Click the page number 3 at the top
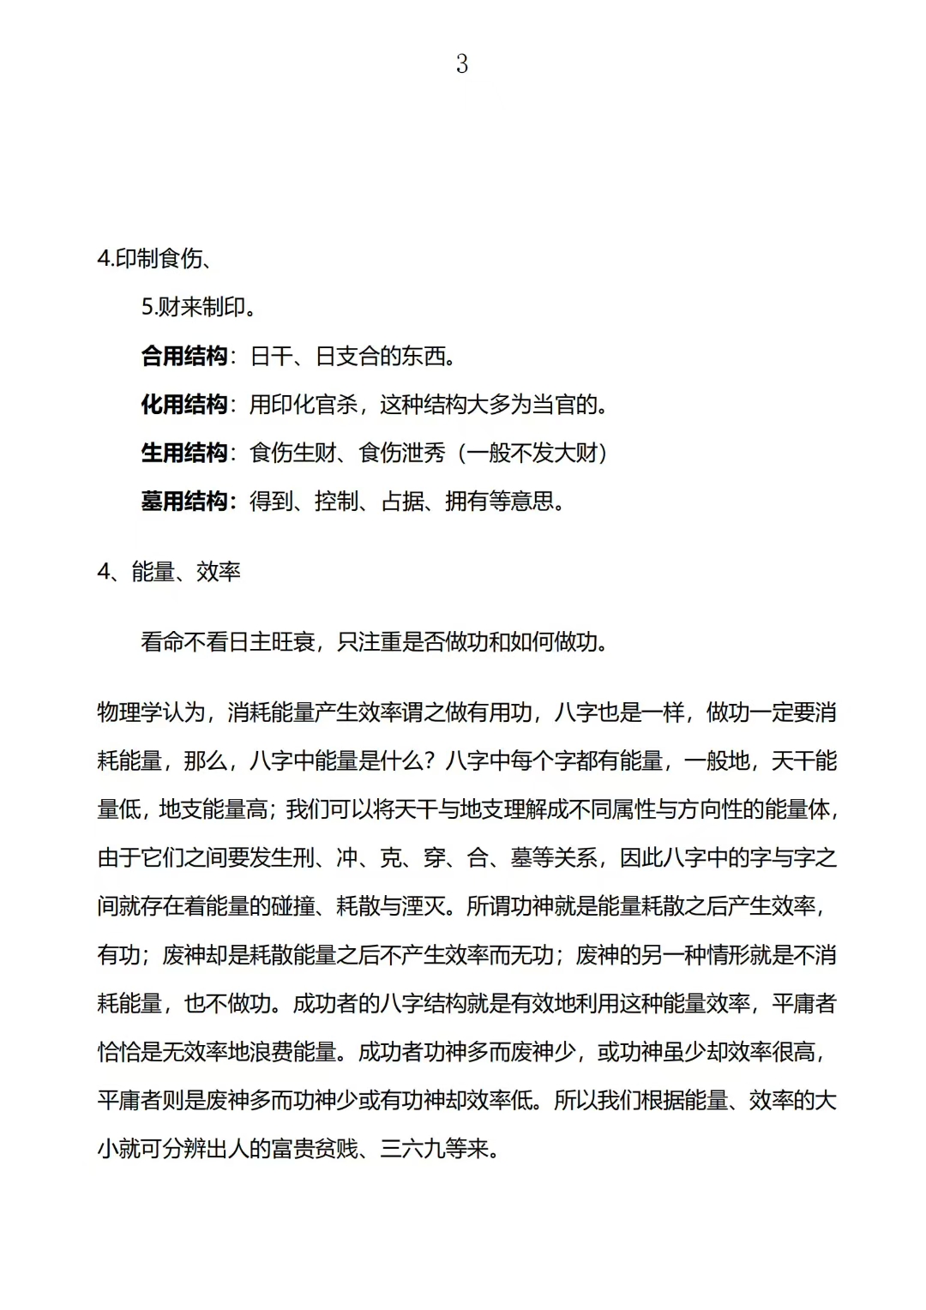click(x=462, y=64)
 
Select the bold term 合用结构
click(x=184, y=356)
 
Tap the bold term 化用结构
click(x=184, y=404)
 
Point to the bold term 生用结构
click(x=184, y=453)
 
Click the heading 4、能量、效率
click(x=169, y=572)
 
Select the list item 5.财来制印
click(x=198, y=307)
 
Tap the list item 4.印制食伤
click(x=154, y=258)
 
